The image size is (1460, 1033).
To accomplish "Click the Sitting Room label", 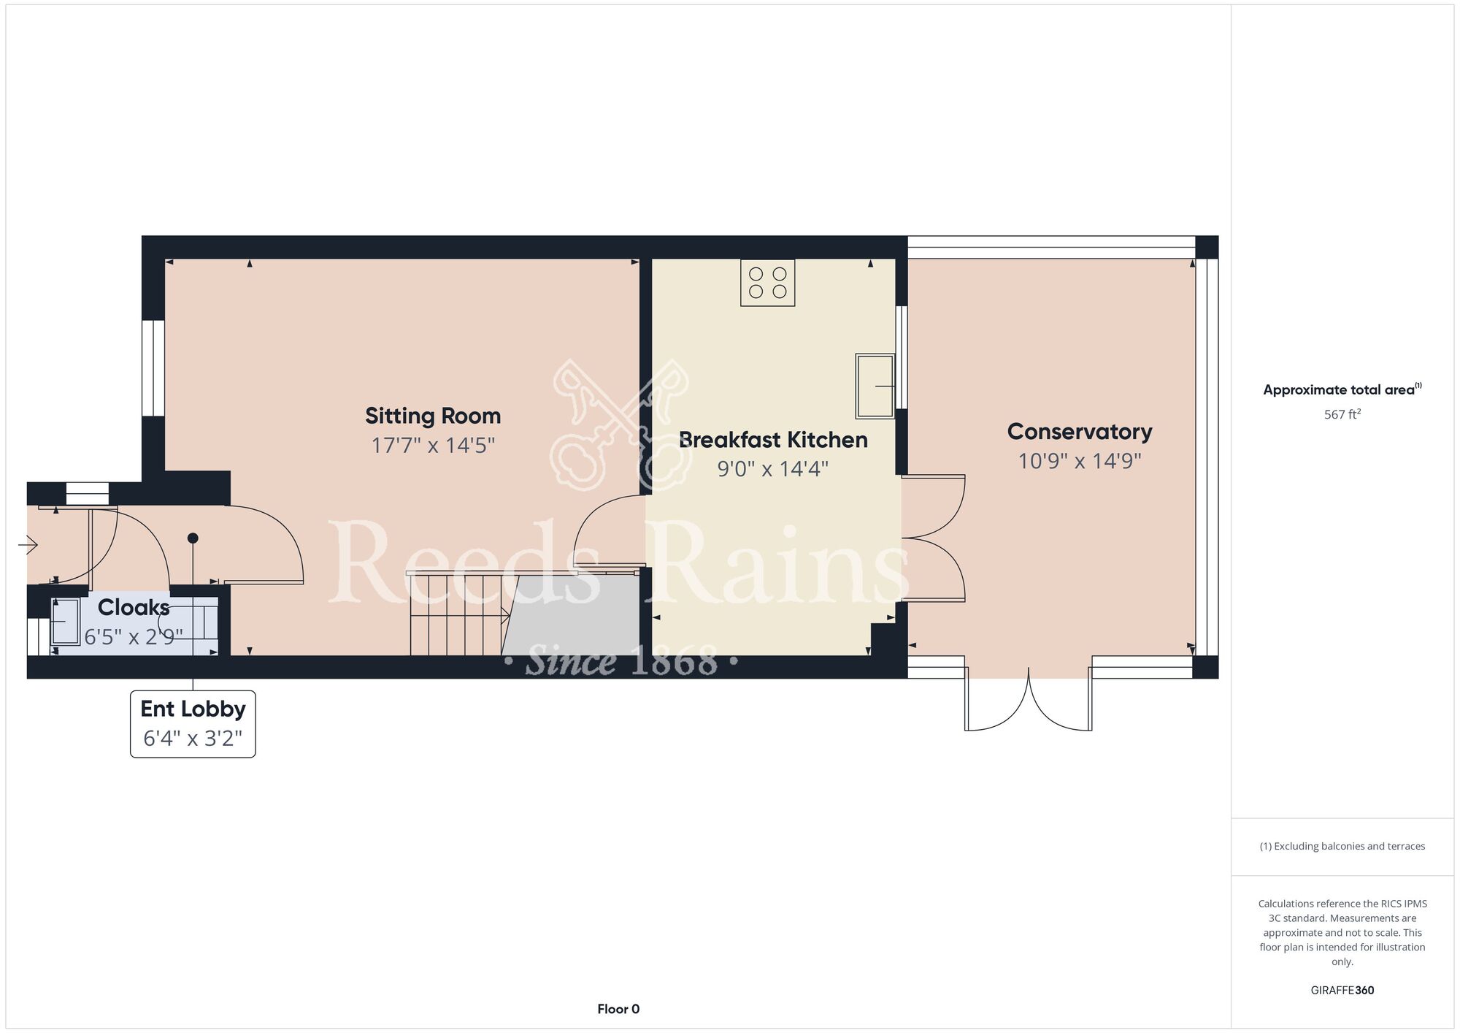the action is point(433,416).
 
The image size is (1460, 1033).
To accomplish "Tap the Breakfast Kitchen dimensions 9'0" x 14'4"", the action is point(773,468).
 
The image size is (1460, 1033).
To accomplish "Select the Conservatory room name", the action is point(1080,431).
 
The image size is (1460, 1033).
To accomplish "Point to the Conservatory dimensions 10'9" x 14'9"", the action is point(1080,461).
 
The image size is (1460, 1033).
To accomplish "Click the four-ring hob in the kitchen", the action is point(768,283).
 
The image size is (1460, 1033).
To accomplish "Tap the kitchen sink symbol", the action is point(875,386).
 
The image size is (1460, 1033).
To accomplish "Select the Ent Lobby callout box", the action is point(193,724).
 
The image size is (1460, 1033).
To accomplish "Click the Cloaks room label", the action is point(134,607).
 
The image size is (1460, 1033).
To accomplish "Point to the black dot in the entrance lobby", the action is point(193,538).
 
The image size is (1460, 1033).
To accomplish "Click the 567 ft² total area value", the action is point(1342,414).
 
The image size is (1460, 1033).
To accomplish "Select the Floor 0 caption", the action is point(618,1009).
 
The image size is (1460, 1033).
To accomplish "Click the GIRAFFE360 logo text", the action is point(1342,991).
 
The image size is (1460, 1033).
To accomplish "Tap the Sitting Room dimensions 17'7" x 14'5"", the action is point(433,445).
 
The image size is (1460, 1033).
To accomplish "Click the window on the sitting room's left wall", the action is point(153,368).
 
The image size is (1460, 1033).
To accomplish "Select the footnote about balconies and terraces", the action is point(1342,846).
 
